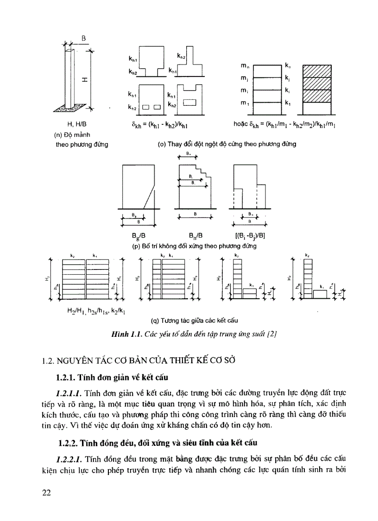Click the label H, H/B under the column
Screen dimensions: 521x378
click(x=77, y=124)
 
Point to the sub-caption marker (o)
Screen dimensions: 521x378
click(x=162, y=144)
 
